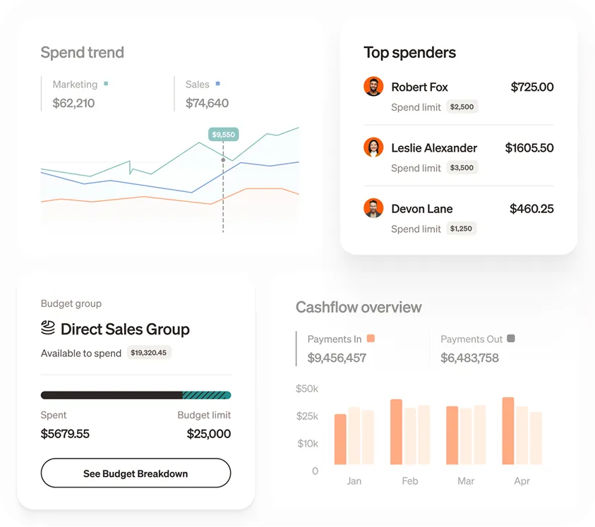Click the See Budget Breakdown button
(x=136, y=473)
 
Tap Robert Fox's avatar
(x=373, y=87)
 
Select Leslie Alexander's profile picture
(x=373, y=147)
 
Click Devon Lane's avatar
(x=373, y=208)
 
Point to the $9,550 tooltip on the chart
(x=223, y=134)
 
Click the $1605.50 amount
(x=529, y=148)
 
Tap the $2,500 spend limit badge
(x=462, y=107)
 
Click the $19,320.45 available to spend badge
(x=149, y=353)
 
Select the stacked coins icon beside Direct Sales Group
(x=48, y=328)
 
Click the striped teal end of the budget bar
(x=207, y=396)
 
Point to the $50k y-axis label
(x=307, y=389)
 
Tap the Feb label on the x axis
(x=410, y=481)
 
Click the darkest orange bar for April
(x=508, y=431)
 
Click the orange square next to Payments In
(x=371, y=339)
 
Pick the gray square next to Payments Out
(x=511, y=339)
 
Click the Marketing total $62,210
(x=73, y=103)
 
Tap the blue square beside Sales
(x=218, y=84)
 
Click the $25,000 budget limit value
(x=209, y=434)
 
